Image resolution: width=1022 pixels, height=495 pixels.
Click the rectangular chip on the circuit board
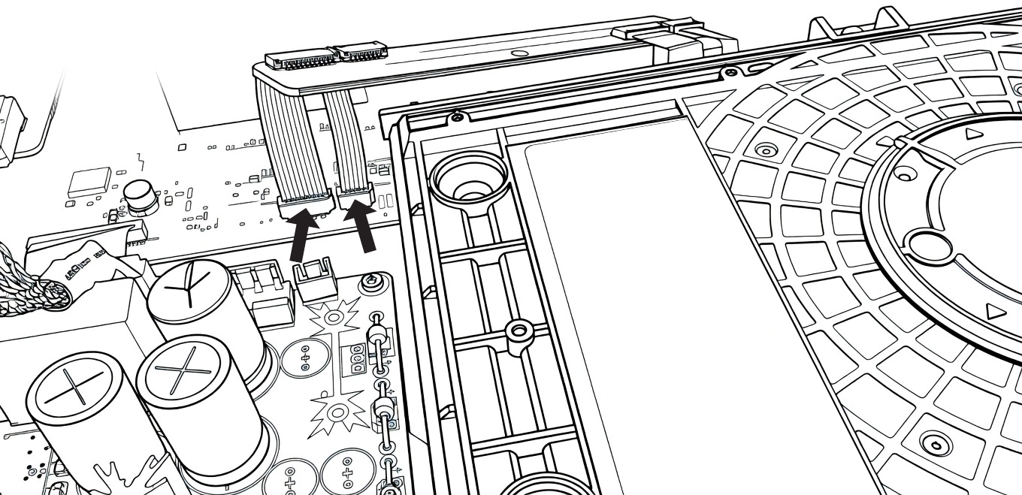tap(89, 183)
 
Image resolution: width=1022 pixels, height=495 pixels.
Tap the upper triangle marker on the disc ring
tap(974, 134)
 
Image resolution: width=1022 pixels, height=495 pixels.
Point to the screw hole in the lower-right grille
tap(935, 441)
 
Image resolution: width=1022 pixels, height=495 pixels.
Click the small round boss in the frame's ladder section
tap(517, 330)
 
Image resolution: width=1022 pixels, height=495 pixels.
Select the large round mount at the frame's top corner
tap(465, 183)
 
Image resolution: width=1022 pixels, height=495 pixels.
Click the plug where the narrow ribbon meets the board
tap(355, 198)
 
